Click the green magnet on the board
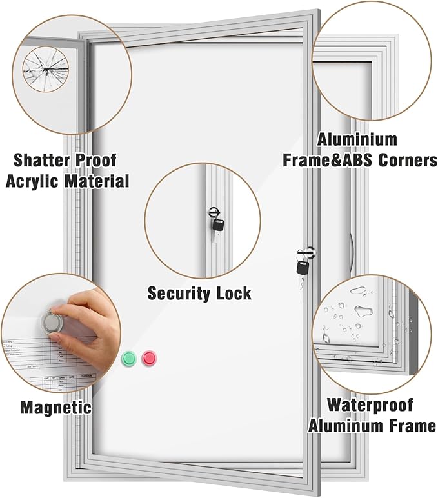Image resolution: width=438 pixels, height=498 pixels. pos(129,357)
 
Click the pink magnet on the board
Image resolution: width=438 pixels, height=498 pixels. pos(149,357)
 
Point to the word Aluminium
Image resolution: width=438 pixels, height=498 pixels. pos(357,139)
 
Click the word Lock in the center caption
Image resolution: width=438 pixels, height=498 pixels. pos(234,294)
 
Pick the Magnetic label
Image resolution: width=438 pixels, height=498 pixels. pos(55,407)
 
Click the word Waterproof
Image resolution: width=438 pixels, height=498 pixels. pos(370,404)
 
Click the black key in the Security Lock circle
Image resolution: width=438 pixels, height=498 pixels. pos(218,224)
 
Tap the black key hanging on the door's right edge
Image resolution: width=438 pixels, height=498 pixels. pos(303,266)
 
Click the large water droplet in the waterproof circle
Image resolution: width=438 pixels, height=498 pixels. pos(365,313)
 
